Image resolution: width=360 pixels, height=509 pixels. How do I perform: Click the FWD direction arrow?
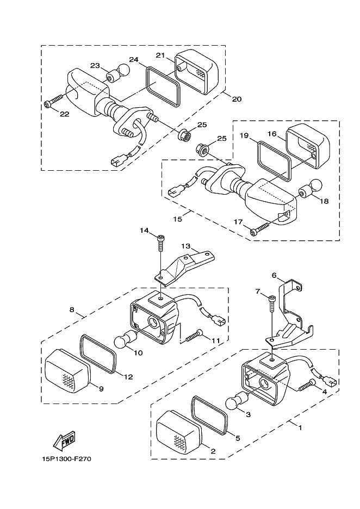click(x=64, y=441)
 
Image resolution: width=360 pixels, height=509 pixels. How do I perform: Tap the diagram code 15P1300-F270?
click(x=66, y=459)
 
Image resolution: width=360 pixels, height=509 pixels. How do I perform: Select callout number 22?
click(x=65, y=114)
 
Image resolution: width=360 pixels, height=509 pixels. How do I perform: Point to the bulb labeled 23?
click(x=118, y=73)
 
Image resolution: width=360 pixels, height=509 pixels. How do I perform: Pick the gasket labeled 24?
click(x=163, y=86)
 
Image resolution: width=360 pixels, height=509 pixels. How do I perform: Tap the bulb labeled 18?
click(x=310, y=189)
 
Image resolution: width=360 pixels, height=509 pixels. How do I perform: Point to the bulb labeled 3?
click(x=238, y=400)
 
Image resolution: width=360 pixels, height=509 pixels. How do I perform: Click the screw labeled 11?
click(x=194, y=336)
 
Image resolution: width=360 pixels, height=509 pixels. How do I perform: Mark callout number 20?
click(x=237, y=99)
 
